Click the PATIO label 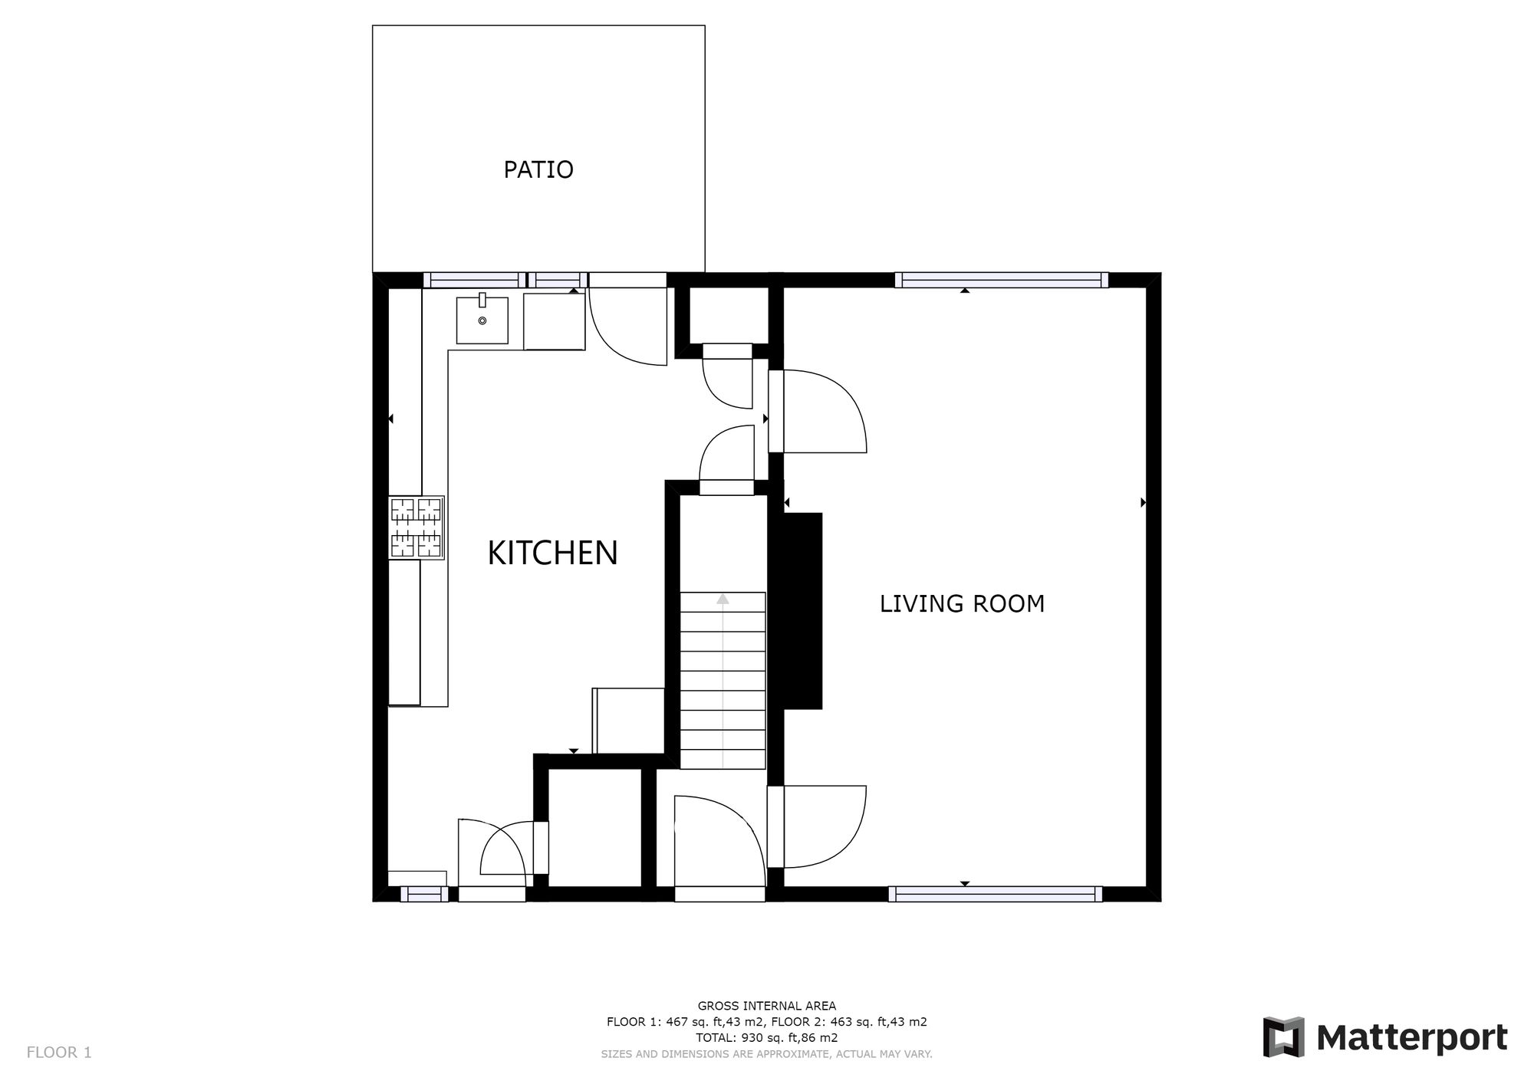tap(538, 169)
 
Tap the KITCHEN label tap(552, 553)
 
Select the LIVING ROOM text tap(962, 603)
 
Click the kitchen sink tap(482, 320)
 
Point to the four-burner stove tap(416, 527)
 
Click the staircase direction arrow tap(723, 600)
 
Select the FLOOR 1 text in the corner tap(59, 1053)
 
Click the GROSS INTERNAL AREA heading tap(766, 1006)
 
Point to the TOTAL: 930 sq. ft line tap(766, 1038)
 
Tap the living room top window tap(1001, 281)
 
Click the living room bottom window tap(995, 894)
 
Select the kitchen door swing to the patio tap(629, 326)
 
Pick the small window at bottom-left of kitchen tap(424, 894)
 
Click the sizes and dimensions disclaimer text tap(766, 1054)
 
